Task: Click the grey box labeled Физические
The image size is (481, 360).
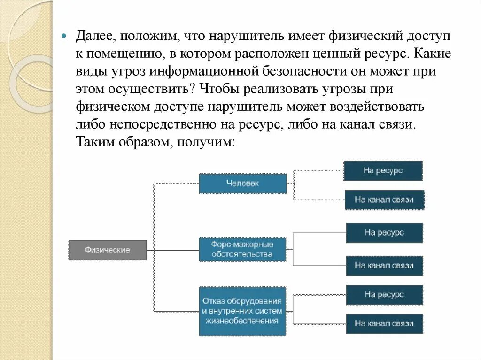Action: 108,250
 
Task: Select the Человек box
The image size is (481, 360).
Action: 242,184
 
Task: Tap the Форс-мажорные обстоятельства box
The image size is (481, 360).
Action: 242,249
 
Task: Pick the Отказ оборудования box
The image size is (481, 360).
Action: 242,311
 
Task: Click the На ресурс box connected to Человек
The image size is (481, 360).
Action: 383,171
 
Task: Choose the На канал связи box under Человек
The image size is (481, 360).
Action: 384,199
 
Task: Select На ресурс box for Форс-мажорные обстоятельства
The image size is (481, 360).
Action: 384,232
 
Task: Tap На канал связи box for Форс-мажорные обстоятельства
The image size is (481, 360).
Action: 384,266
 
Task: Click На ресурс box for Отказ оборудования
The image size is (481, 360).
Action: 384,295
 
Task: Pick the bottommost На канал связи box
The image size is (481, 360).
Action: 384,323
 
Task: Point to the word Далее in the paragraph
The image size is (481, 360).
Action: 93,36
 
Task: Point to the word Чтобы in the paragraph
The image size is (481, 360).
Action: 217,88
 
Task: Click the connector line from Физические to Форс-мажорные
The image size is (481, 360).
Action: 174,250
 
